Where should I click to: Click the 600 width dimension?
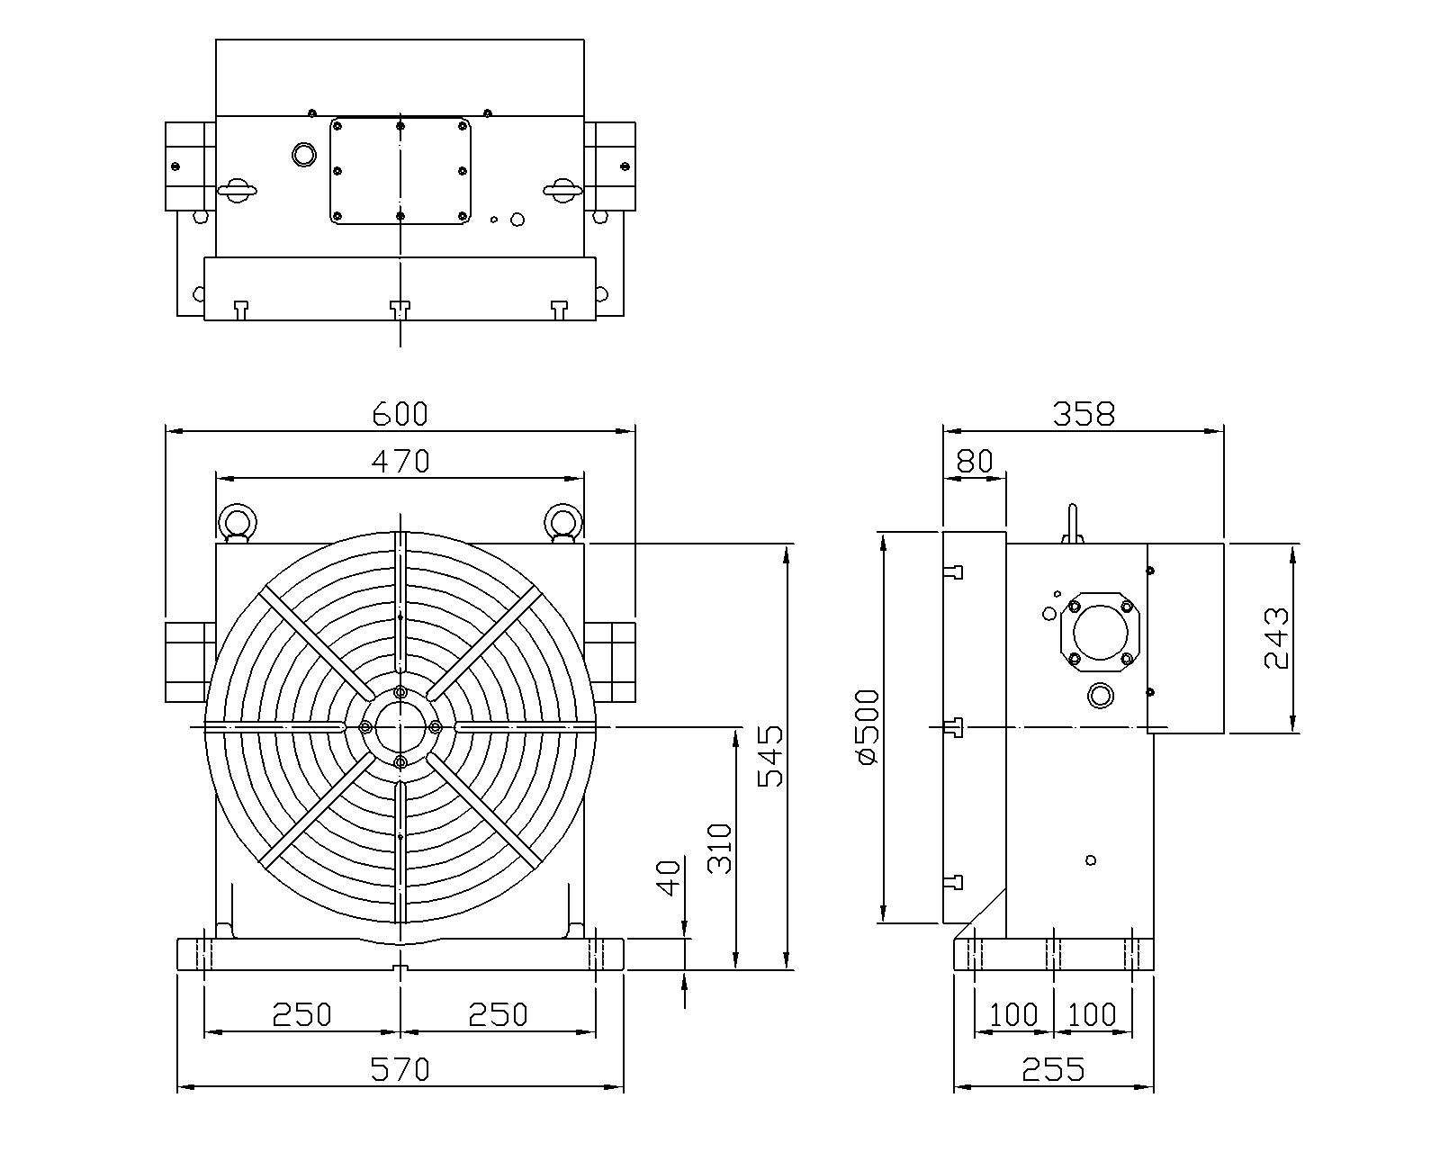click(x=400, y=414)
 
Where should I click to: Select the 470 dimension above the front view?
click(x=400, y=461)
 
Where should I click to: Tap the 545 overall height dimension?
click(x=770, y=756)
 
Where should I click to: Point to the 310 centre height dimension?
click(x=720, y=849)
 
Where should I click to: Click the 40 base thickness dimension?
click(x=669, y=877)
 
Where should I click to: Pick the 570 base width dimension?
click(x=400, y=1069)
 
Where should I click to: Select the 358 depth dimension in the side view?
click(x=1084, y=414)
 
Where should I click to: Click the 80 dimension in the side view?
click(x=975, y=461)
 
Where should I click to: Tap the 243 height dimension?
click(x=1276, y=638)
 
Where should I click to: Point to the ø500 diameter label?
click(x=868, y=727)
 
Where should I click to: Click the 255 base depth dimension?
click(x=1053, y=1069)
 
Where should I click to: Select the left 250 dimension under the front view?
click(x=301, y=1015)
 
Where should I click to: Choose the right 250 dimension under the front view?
click(x=498, y=1015)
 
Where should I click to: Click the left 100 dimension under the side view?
click(x=1013, y=1015)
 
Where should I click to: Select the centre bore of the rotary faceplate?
click(x=400, y=727)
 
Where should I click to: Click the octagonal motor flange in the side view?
click(x=1101, y=633)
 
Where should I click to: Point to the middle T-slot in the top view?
click(x=400, y=310)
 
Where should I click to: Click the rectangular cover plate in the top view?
click(x=400, y=171)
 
